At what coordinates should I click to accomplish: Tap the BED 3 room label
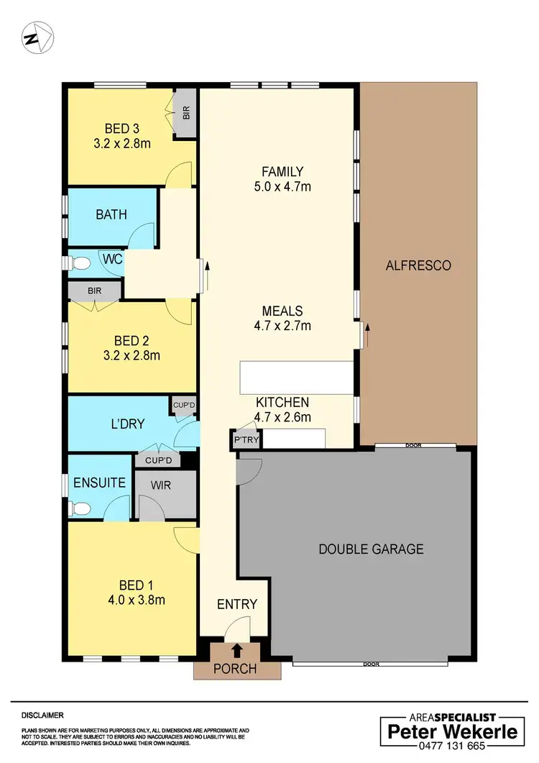[x=121, y=129]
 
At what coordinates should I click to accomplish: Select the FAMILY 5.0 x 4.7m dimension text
[x=282, y=187]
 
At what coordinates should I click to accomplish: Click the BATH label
[x=111, y=214]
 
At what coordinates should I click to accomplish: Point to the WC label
[x=112, y=257]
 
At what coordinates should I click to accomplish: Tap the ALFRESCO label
[x=418, y=265]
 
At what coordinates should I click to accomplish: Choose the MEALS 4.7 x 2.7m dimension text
[x=282, y=326]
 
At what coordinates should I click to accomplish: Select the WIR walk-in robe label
[x=160, y=485]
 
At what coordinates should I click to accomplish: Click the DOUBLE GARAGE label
[x=371, y=549]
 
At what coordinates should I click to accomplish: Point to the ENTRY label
[x=237, y=604]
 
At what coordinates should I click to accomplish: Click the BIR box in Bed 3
[x=186, y=113]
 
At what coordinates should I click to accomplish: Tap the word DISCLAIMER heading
[x=42, y=716]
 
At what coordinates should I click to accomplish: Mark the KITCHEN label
[x=282, y=402]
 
